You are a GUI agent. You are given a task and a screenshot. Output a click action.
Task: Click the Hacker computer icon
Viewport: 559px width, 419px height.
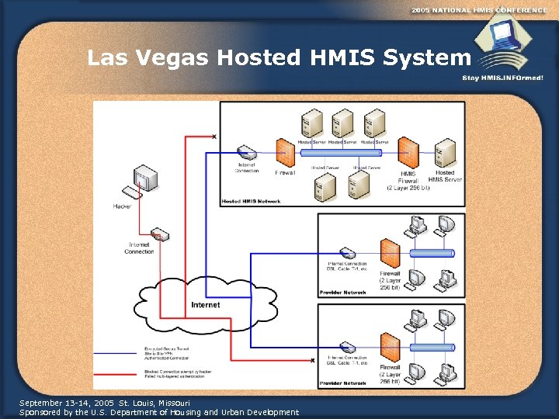(144, 181)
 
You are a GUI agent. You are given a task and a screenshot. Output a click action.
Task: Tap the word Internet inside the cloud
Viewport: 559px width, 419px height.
(205, 305)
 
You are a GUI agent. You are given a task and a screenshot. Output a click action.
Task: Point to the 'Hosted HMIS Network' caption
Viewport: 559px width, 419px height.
(251, 201)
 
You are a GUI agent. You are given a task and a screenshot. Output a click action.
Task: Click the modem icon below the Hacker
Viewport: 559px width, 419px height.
(159, 234)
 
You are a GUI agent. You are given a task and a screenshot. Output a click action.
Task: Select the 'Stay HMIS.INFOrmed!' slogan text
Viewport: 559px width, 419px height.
(502, 78)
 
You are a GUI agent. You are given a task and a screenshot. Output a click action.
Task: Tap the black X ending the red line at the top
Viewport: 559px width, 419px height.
(214, 137)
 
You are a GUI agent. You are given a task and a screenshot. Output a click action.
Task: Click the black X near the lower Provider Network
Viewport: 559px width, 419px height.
(313, 360)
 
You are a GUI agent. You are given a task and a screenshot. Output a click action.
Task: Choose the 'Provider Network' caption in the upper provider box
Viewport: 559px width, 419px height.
(341, 293)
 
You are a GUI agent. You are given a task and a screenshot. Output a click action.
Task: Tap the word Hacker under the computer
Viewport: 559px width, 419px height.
(122, 206)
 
